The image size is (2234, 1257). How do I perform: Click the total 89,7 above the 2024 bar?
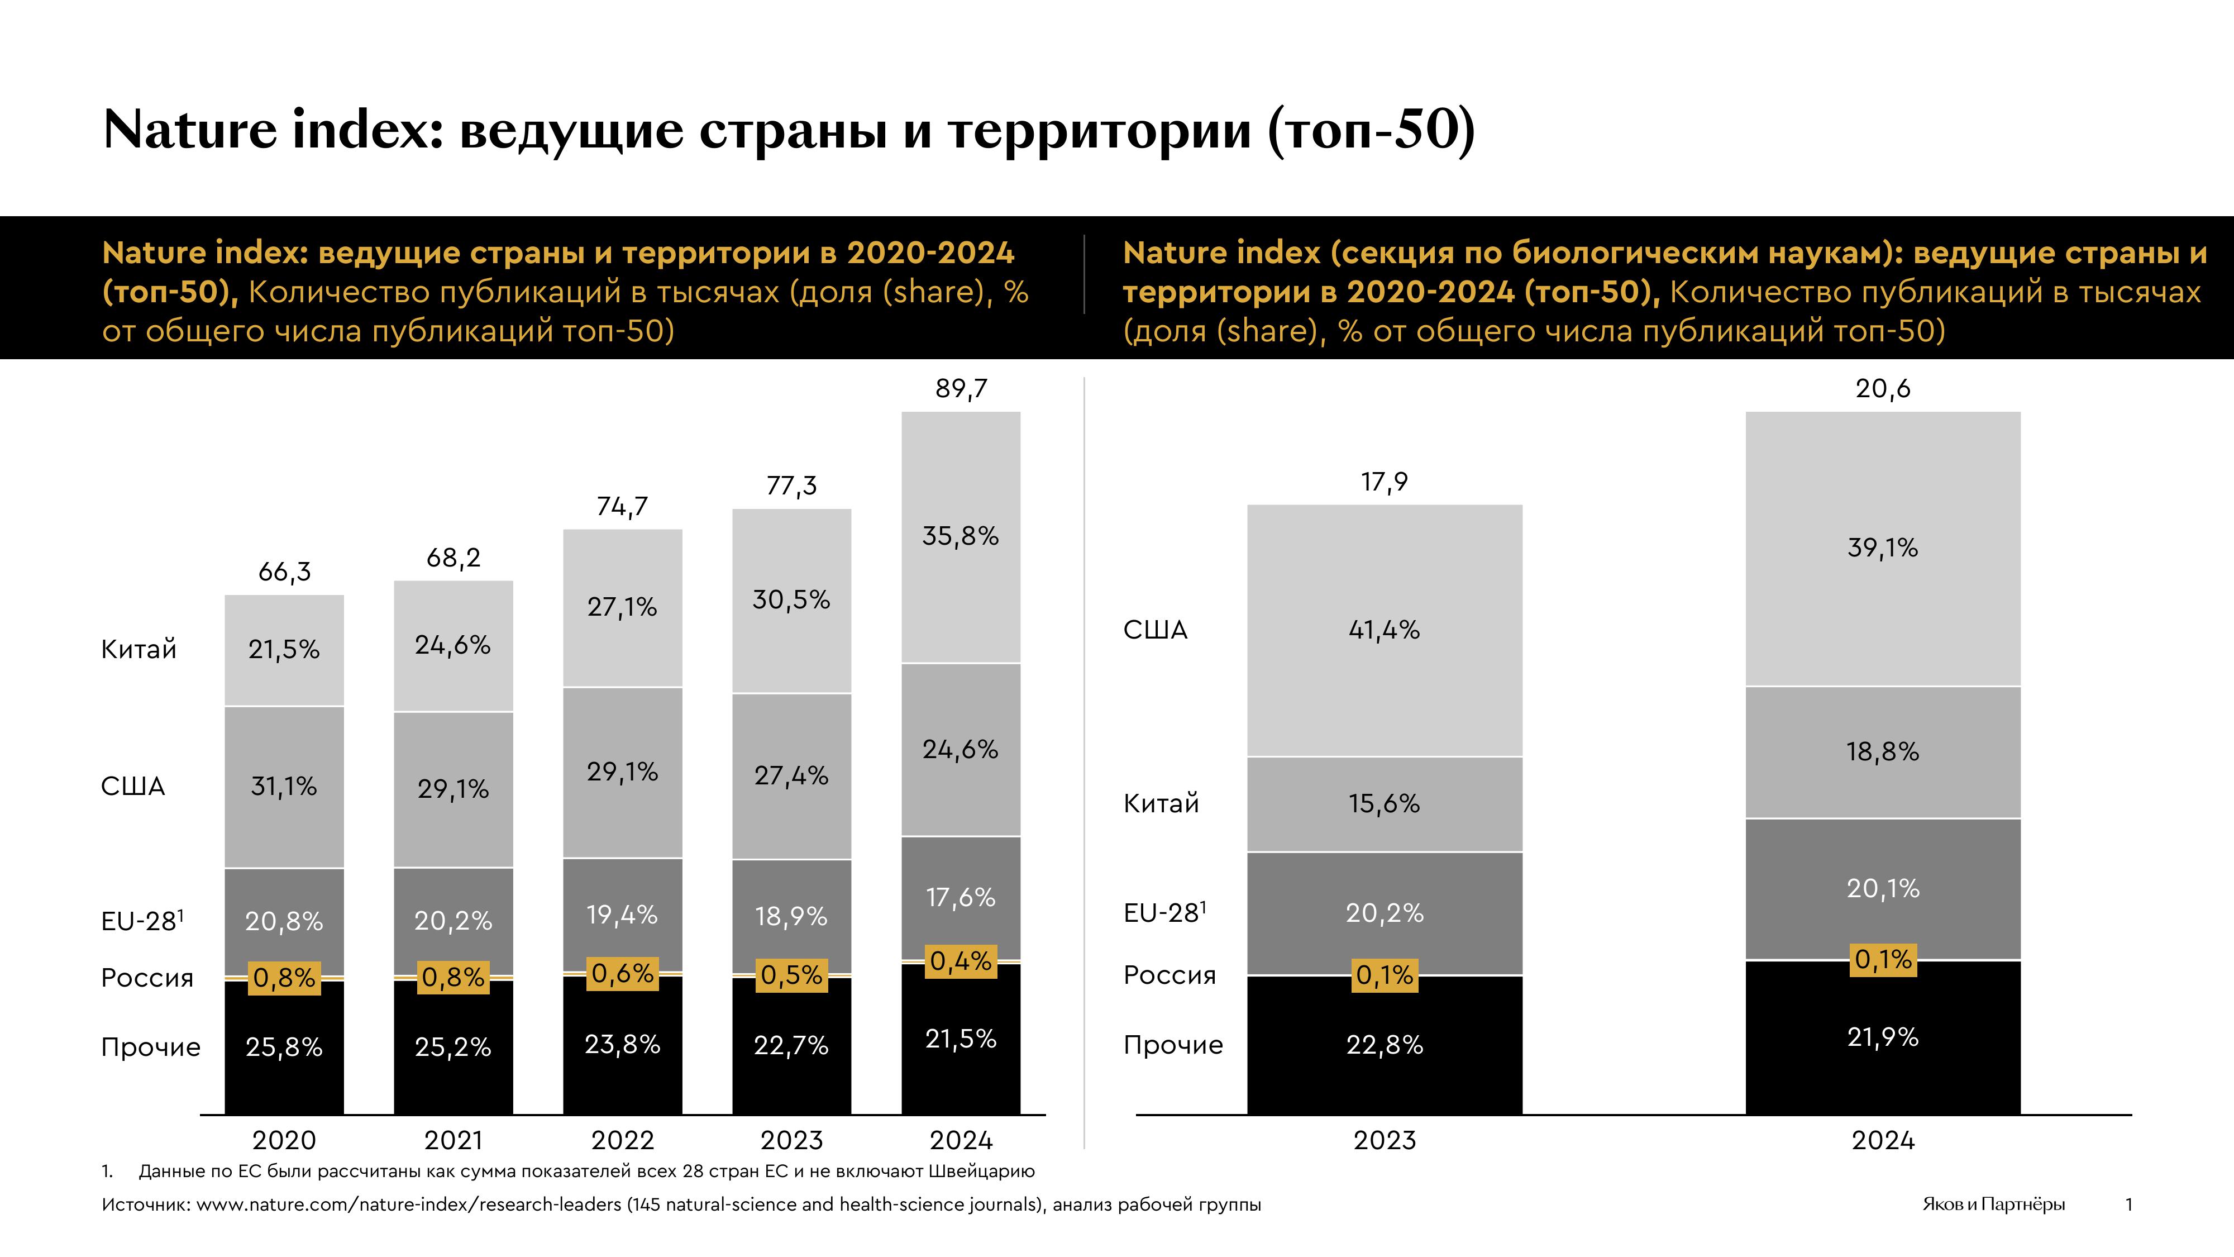coord(961,389)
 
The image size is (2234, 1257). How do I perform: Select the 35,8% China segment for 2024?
coord(961,536)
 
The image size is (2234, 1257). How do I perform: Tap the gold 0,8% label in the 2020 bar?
coord(284,978)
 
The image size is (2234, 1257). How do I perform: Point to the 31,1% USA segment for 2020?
coord(284,786)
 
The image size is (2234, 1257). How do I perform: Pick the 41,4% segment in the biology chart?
coord(1384,630)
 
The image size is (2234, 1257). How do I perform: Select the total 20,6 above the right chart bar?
coord(1883,389)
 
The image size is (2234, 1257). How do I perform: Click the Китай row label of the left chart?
coord(139,649)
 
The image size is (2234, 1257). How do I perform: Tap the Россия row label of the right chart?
coord(1169,975)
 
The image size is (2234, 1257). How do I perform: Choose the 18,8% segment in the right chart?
coord(1883,751)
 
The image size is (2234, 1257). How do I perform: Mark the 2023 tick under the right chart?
coord(1384,1139)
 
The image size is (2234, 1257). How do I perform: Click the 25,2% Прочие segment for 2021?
coord(453,1047)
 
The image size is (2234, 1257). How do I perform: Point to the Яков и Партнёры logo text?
coord(1993,1204)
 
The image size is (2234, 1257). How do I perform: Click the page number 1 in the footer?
coord(2129,1204)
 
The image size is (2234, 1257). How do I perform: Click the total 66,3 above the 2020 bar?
coord(284,572)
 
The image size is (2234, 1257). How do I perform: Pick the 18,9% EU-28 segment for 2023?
coord(791,916)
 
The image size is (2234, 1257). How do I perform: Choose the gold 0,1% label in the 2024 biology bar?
coord(1883,959)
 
